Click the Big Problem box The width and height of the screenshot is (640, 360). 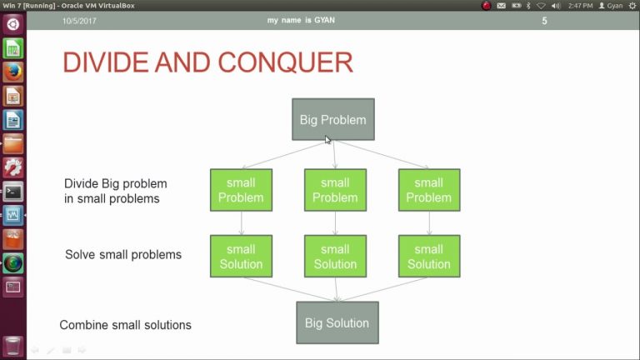332,119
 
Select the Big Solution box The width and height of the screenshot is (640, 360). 337,322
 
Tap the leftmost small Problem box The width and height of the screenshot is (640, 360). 241,190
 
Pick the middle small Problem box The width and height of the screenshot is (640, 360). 335,190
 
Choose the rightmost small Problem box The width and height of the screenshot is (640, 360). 428,190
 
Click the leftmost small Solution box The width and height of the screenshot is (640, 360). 241,256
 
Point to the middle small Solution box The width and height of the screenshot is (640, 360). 335,256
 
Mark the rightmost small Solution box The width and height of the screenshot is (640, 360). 428,256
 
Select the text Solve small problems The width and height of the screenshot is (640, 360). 123,254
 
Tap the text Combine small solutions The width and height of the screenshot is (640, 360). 125,325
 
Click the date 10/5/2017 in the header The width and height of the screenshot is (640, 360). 80,21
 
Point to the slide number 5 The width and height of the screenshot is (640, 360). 545,21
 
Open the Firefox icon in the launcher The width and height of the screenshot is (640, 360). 12,72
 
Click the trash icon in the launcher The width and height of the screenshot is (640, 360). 12,345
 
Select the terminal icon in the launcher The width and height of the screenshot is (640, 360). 12,192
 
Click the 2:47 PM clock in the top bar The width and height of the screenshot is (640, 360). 582,6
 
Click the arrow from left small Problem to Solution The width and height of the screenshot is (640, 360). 241,222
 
